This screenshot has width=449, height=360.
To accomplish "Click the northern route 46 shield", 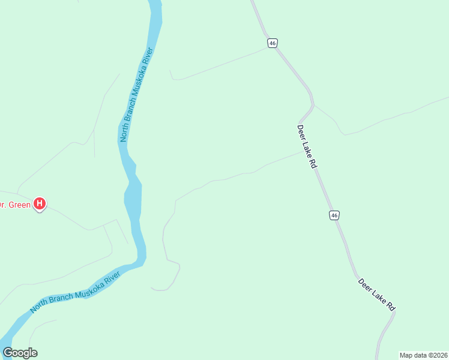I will pos(273,43).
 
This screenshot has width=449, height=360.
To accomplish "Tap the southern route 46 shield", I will pos(334,215).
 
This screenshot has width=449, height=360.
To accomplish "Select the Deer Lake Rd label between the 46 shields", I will pos(306,146).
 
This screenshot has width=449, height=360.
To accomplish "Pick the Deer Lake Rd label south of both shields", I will pos(377,294).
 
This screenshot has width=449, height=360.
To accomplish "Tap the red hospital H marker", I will pos(40,204).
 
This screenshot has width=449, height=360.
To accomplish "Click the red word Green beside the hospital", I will pos(18,204).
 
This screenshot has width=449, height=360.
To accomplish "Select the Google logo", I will pos(20,353).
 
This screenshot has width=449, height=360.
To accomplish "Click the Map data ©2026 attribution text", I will pos(424,355).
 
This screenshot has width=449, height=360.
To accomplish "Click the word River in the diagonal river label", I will pos(112,277).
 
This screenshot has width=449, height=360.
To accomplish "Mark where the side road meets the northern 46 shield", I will pos(268,49).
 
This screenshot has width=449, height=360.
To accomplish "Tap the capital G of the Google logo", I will pos(8,353).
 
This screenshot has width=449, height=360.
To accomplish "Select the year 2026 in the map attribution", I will pos(439,355).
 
